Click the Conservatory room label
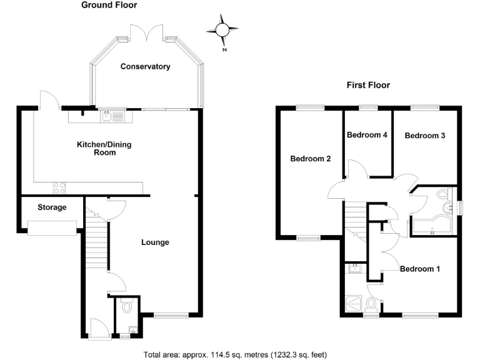[145, 66]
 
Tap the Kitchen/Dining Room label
[104, 148]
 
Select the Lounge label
[155, 242]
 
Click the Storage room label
[52, 207]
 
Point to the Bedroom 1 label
[420, 269]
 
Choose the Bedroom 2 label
[311, 159]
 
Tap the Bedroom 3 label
[424, 135]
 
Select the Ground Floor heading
[109, 6]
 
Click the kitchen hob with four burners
[61, 186]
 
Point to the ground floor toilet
[127, 306]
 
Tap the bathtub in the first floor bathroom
[432, 227]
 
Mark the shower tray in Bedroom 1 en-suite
[353, 304]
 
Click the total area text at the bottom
[235, 354]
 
